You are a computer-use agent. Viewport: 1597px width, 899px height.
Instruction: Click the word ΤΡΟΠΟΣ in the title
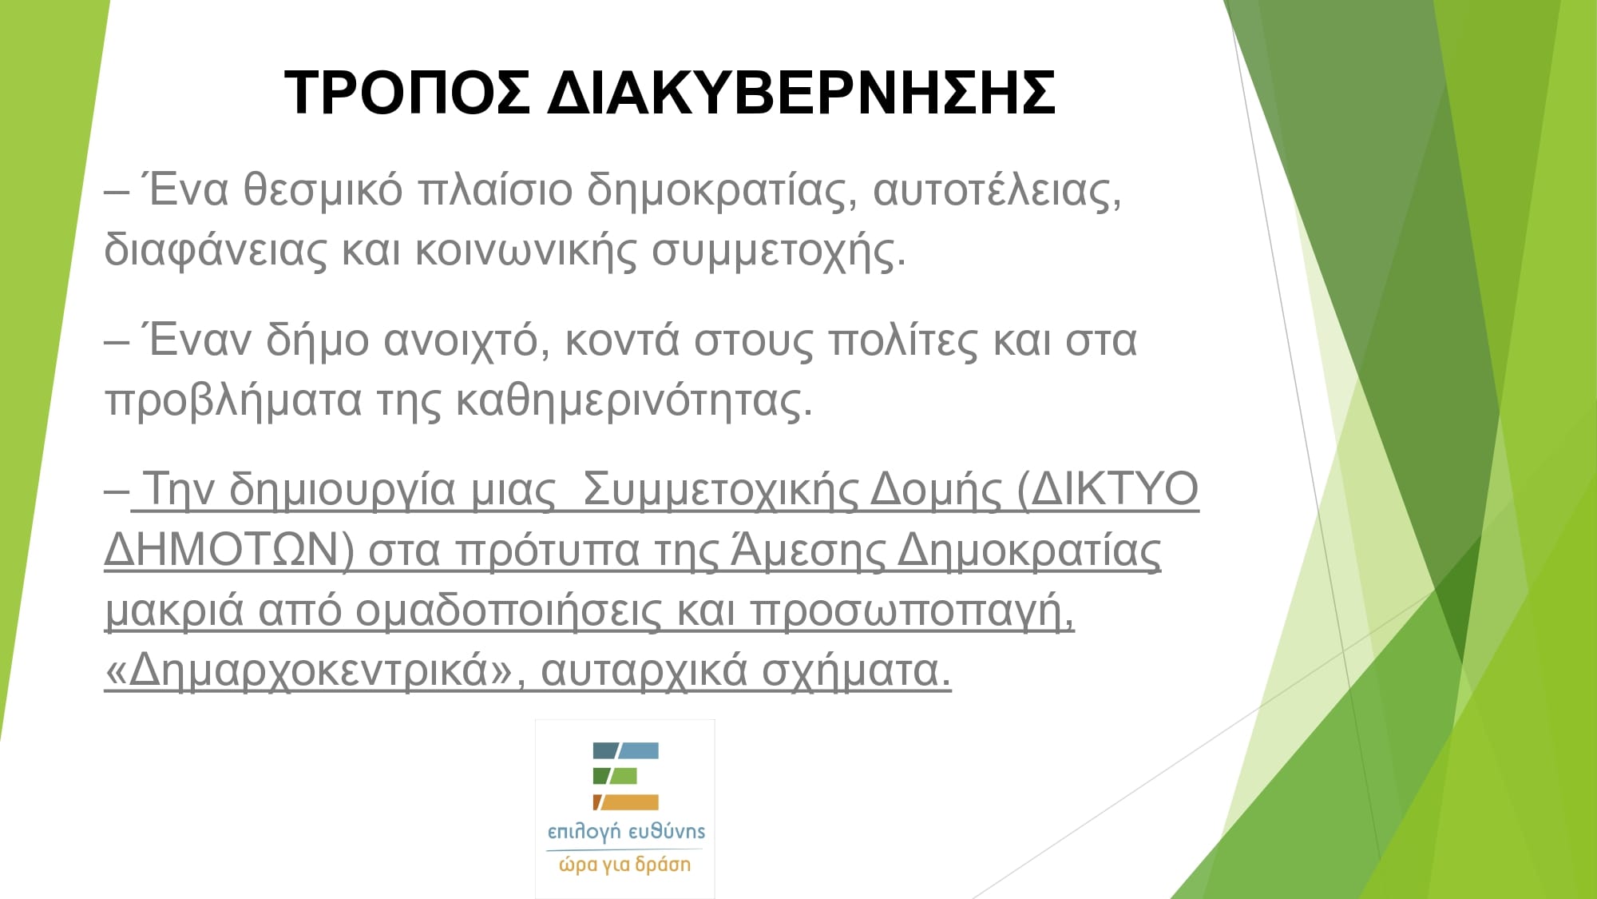[x=406, y=93]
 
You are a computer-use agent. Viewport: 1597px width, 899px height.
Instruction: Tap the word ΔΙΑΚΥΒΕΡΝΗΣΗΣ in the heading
[x=802, y=93]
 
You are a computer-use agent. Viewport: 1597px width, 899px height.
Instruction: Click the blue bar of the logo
[x=626, y=750]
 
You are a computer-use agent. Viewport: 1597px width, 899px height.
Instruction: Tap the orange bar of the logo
[x=626, y=802]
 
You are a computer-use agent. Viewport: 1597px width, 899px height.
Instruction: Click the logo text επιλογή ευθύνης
[x=626, y=832]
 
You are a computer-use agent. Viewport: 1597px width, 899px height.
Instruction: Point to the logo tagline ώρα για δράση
[x=624, y=865]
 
